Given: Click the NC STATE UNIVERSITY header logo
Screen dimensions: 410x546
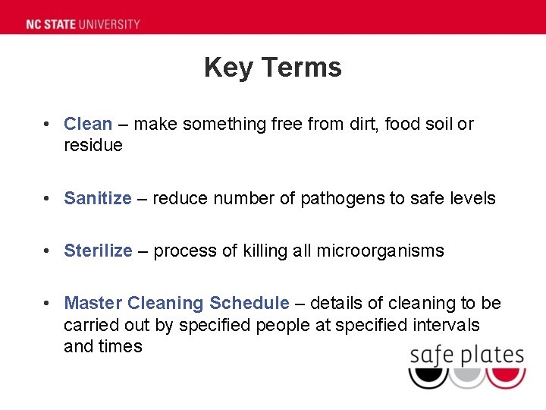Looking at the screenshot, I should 83,24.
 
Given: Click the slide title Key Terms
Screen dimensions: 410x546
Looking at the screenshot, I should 273,68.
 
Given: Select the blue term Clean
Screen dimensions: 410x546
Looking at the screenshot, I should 88,124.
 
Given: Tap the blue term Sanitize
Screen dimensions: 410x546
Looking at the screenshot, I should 98,199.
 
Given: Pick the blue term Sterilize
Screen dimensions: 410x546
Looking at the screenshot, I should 98,251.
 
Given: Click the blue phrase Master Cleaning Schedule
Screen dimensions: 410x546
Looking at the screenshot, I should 177,304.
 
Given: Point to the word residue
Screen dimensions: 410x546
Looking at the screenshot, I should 93,146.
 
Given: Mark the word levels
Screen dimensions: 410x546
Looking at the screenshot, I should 473,199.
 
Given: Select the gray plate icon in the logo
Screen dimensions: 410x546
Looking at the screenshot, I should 467,377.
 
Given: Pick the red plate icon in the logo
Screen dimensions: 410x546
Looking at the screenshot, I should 506,377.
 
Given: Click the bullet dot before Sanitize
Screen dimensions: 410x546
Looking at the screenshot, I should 47,199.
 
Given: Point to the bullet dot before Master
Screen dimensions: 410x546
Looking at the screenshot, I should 47,304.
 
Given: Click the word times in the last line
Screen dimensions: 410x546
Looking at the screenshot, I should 121,347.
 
